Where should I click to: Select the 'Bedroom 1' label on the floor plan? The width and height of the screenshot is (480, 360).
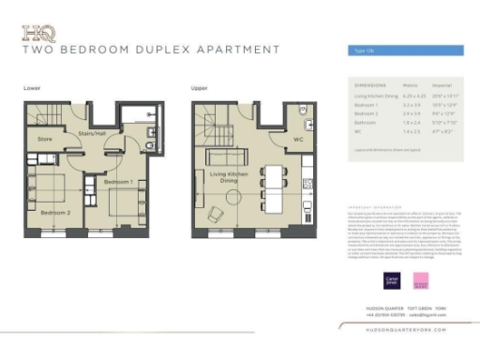(x=117, y=180)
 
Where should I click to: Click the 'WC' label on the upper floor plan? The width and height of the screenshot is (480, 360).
(x=297, y=140)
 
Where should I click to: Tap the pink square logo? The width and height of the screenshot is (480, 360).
(x=421, y=278)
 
